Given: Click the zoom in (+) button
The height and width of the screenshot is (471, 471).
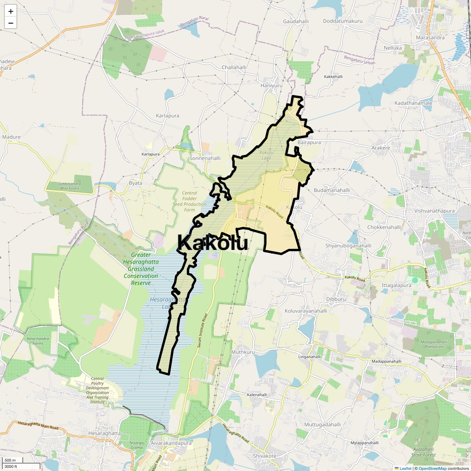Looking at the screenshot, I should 11,12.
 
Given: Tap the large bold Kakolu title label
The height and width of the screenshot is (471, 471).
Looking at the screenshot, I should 212,243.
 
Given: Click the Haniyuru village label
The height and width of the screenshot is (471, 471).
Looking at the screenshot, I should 271,86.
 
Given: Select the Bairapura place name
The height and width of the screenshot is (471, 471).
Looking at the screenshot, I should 309,143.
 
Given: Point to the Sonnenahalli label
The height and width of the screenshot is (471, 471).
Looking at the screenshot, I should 205,158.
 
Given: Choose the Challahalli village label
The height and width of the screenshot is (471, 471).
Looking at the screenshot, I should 234,67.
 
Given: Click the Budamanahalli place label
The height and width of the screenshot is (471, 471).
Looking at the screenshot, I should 332,190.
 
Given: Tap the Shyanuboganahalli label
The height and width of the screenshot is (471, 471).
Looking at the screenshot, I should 348,246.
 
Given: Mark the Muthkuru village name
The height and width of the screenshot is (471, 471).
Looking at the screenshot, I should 243,352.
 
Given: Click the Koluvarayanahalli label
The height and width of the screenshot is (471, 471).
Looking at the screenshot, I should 306,311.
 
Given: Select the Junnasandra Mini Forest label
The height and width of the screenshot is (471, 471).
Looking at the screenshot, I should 69,186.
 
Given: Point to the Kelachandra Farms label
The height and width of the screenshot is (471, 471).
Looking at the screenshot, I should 38,341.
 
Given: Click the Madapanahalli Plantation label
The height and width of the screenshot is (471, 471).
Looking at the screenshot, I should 434,344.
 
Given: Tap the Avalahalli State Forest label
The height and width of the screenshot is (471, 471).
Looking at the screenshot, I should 423,452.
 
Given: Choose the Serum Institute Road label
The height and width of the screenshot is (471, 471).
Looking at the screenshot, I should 202,330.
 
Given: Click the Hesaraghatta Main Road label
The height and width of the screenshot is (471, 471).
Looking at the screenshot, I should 38,426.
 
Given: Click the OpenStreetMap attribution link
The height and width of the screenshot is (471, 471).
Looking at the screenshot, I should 432,469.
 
